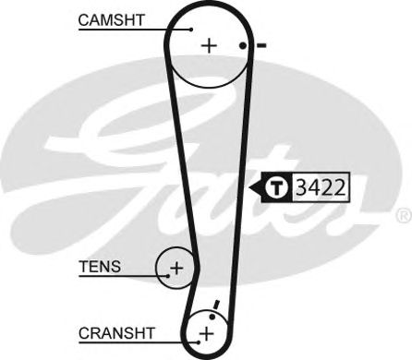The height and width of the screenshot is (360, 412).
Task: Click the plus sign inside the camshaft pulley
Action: coord(208,44)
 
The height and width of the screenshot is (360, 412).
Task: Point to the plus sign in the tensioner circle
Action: coord(176,269)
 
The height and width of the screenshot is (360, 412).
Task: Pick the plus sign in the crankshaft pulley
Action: coord(207,331)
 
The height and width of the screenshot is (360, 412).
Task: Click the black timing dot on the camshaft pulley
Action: coord(241,45)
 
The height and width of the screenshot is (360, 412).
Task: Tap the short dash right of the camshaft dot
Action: coord(261,45)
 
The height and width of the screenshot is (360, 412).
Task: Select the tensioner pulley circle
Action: coord(176,269)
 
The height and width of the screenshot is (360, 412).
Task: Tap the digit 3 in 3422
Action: coord(301,187)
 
